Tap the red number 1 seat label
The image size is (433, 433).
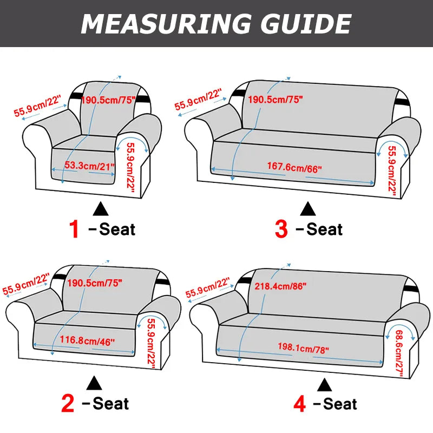pos(74,229)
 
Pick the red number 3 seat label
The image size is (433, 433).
pos(281,229)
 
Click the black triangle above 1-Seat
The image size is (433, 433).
pos(101,208)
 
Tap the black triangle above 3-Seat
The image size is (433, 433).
pos(308,208)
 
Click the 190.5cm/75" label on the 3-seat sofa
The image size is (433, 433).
pos(275,99)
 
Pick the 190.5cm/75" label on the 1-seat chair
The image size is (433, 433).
pos(108,99)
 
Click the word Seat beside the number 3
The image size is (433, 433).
pos(324,229)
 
